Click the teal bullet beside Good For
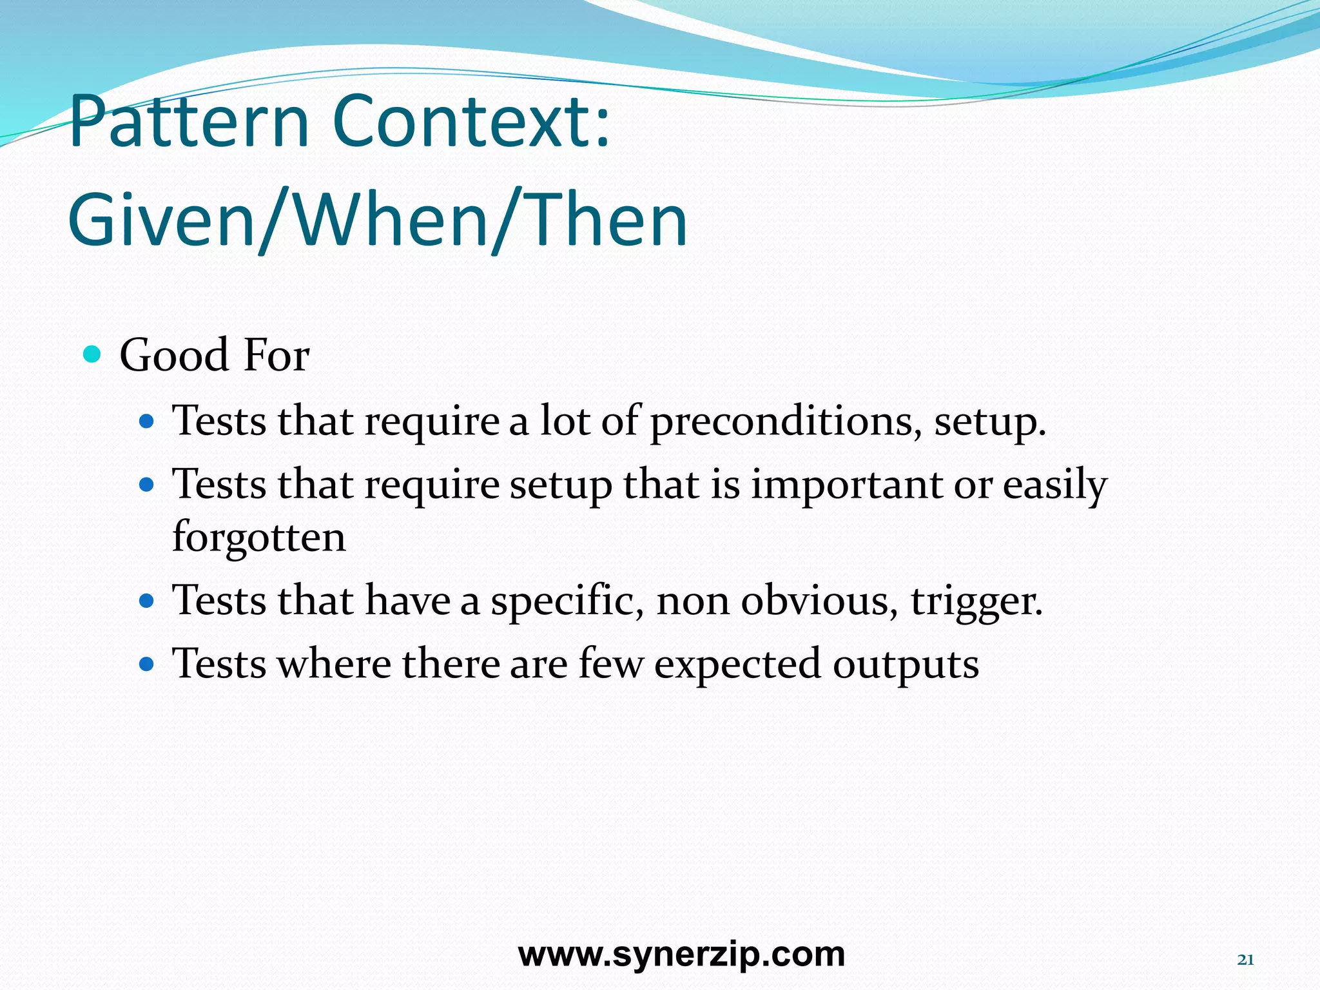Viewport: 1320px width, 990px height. coord(93,354)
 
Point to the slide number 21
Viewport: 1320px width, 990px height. coord(1245,960)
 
